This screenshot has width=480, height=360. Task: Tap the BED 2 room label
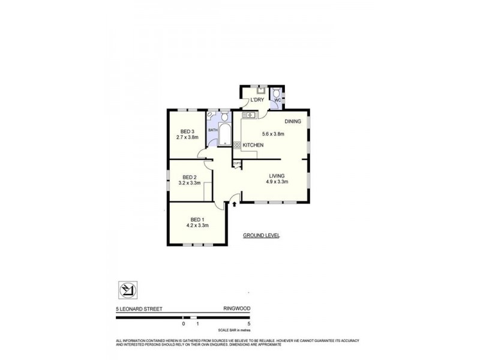coord(190,177)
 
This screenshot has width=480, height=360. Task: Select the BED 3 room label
coord(187,131)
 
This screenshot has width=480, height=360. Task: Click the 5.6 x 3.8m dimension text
coord(273,134)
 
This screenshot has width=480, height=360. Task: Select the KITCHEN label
coord(254,145)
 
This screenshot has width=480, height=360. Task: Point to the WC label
coord(277,100)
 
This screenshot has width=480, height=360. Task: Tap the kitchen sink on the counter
coord(247,115)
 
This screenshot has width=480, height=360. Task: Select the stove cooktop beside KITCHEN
coord(237,145)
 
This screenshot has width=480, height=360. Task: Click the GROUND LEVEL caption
coord(261,236)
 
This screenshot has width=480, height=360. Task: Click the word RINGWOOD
coord(236,309)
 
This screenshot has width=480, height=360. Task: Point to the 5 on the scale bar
coord(248,323)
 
